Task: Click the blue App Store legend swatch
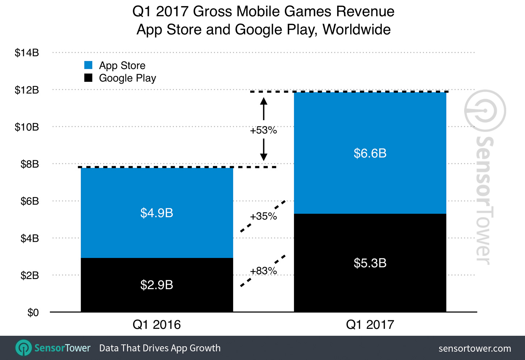88,65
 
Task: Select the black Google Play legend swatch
88,78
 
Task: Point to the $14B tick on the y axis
27,53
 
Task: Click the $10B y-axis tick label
27,127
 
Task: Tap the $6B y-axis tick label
30,201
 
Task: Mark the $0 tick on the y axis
33,313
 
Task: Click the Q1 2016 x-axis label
157,325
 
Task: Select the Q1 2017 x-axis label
370,325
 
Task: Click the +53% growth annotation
264,130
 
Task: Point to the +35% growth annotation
264,216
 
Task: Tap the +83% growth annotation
264,271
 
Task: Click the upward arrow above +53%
264,108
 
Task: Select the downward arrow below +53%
264,150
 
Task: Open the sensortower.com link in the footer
475,348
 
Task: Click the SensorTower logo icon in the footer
24,348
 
